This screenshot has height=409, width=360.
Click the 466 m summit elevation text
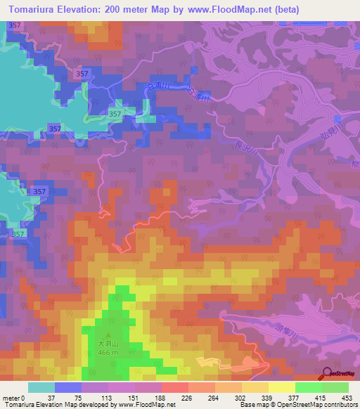(x=108, y=352)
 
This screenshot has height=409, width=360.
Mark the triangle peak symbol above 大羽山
(x=108, y=335)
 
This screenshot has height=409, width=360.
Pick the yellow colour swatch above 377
(x=281, y=387)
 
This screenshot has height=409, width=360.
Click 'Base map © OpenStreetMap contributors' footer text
(x=300, y=405)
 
